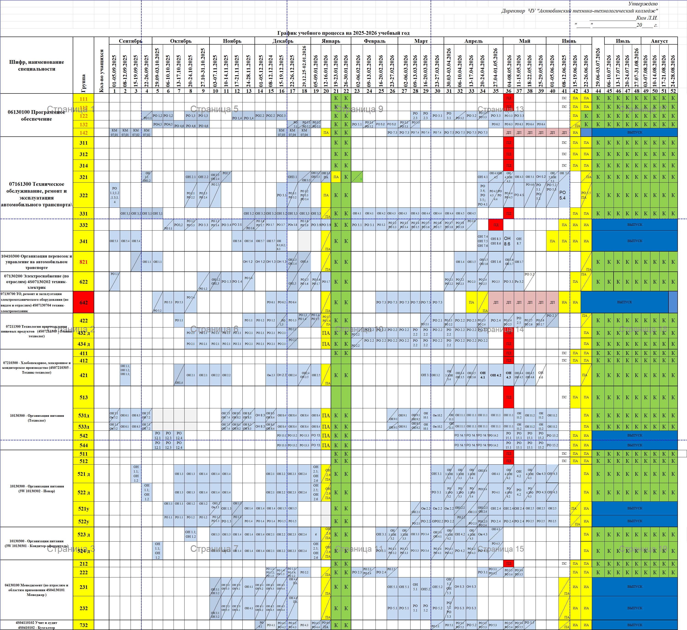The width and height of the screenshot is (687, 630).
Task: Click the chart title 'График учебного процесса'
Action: (343, 33)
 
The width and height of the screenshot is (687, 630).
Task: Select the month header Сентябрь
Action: (130, 41)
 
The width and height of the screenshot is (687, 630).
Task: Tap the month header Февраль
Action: (375, 41)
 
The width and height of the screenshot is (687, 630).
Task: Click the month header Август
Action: (659, 41)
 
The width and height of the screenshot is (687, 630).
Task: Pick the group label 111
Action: (83, 99)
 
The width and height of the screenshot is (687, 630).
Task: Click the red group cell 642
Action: (83, 302)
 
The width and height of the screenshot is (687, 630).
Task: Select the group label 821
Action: (83, 262)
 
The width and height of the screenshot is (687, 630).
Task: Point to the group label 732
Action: (83, 625)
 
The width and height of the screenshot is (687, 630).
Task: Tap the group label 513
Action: (83, 397)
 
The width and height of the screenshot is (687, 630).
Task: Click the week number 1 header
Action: (115, 91)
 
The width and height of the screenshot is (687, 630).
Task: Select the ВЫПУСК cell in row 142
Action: (634, 132)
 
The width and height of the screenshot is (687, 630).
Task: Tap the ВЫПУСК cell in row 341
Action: (634, 241)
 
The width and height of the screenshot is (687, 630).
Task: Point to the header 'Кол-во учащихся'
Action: (101, 71)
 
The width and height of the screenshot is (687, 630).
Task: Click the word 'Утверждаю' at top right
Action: (643, 4)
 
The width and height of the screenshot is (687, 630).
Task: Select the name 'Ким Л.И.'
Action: (647, 18)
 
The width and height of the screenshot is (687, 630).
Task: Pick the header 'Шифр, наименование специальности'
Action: (37, 65)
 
